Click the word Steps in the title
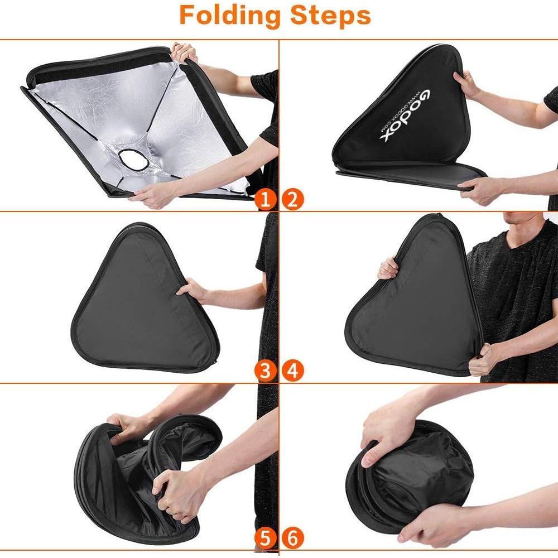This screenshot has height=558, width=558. (x=329, y=16)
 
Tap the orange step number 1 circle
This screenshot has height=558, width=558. (x=268, y=199)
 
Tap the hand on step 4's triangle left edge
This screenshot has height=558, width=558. (x=388, y=269)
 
